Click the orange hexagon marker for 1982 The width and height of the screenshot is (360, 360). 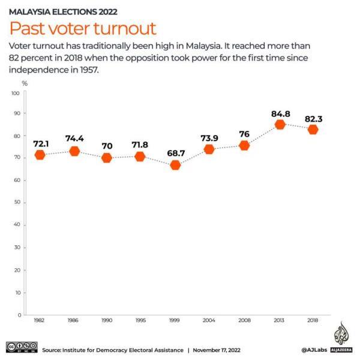(x=40, y=155)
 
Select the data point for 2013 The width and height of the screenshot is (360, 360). (x=280, y=125)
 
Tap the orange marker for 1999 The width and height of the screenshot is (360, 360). (x=175, y=165)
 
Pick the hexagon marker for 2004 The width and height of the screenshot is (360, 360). (x=209, y=149)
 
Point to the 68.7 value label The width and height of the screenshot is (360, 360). (x=176, y=153)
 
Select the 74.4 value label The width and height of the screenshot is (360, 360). (x=74, y=139)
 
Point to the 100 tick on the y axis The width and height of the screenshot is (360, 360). (x=16, y=94)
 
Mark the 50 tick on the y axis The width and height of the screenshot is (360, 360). (x=17, y=203)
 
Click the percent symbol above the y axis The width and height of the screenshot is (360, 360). (x=25, y=83)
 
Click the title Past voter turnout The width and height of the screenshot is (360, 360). (x=82, y=28)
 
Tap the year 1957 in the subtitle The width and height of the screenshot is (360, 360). (x=86, y=70)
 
